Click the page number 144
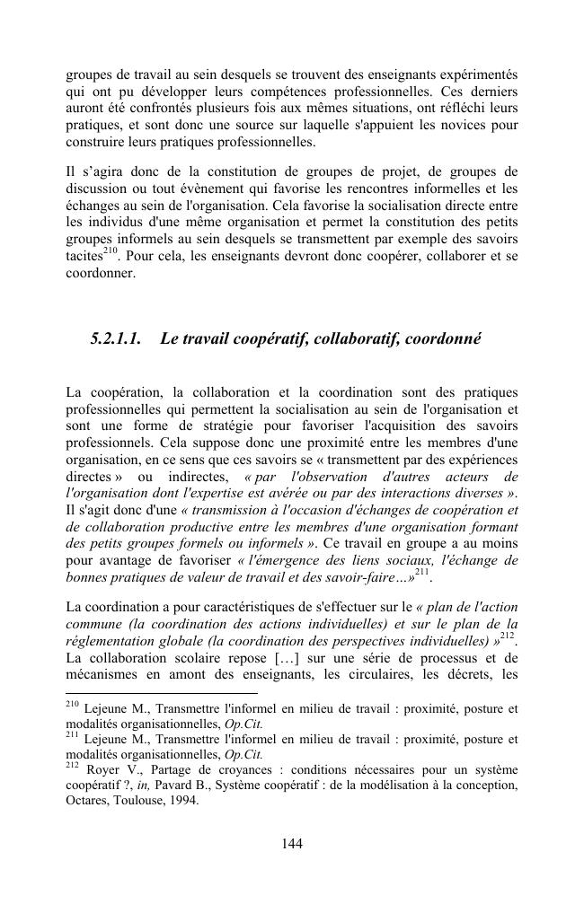tap(291, 843)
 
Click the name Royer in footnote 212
tap(104, 769)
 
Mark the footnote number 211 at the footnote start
tap(73, 736)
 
